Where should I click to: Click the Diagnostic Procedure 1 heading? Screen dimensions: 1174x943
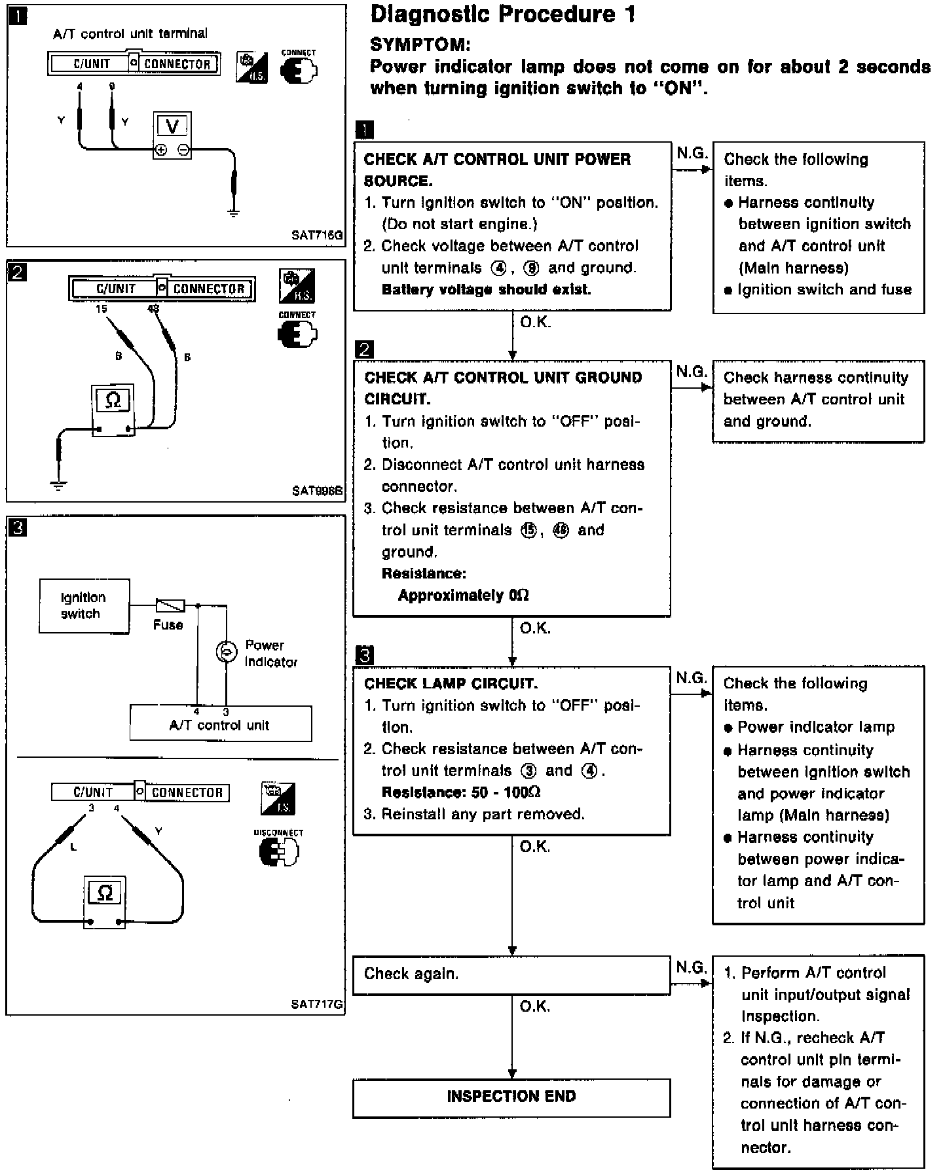(502, 14)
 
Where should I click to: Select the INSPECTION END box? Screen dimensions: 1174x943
(511, 1097)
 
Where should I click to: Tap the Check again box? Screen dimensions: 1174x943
(511, 974)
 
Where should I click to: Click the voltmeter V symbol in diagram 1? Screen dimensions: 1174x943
(172, 126)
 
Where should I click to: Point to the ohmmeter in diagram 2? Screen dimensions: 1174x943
(113, 409)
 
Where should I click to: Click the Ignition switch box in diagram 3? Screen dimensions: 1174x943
(84, 605)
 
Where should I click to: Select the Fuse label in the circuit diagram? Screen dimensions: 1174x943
(168, 625)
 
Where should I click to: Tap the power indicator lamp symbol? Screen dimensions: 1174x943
(227, 651)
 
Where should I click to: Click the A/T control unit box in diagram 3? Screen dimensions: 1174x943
(220, 724)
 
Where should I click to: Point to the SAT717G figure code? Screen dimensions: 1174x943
(317, 1004)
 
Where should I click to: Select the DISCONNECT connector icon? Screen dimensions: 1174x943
(279, 851)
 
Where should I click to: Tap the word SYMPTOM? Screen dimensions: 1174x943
(420, 44)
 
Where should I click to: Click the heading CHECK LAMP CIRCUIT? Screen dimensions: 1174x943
(451, 684)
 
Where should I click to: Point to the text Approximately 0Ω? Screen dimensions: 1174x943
(463, 596)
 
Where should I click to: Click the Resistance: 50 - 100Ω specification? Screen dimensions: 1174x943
(461, 792)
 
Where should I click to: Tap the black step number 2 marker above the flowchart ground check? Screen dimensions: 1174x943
(364, 349)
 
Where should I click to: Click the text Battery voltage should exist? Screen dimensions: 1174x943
(486, 289)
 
